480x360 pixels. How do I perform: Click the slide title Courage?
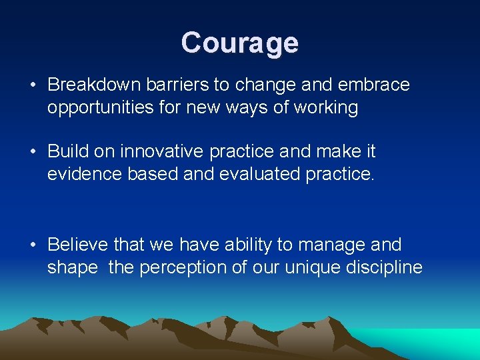(x=239, y=43)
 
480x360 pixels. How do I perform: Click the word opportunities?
(x=103, y=107)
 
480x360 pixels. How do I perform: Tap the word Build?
(x=67, y=151)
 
